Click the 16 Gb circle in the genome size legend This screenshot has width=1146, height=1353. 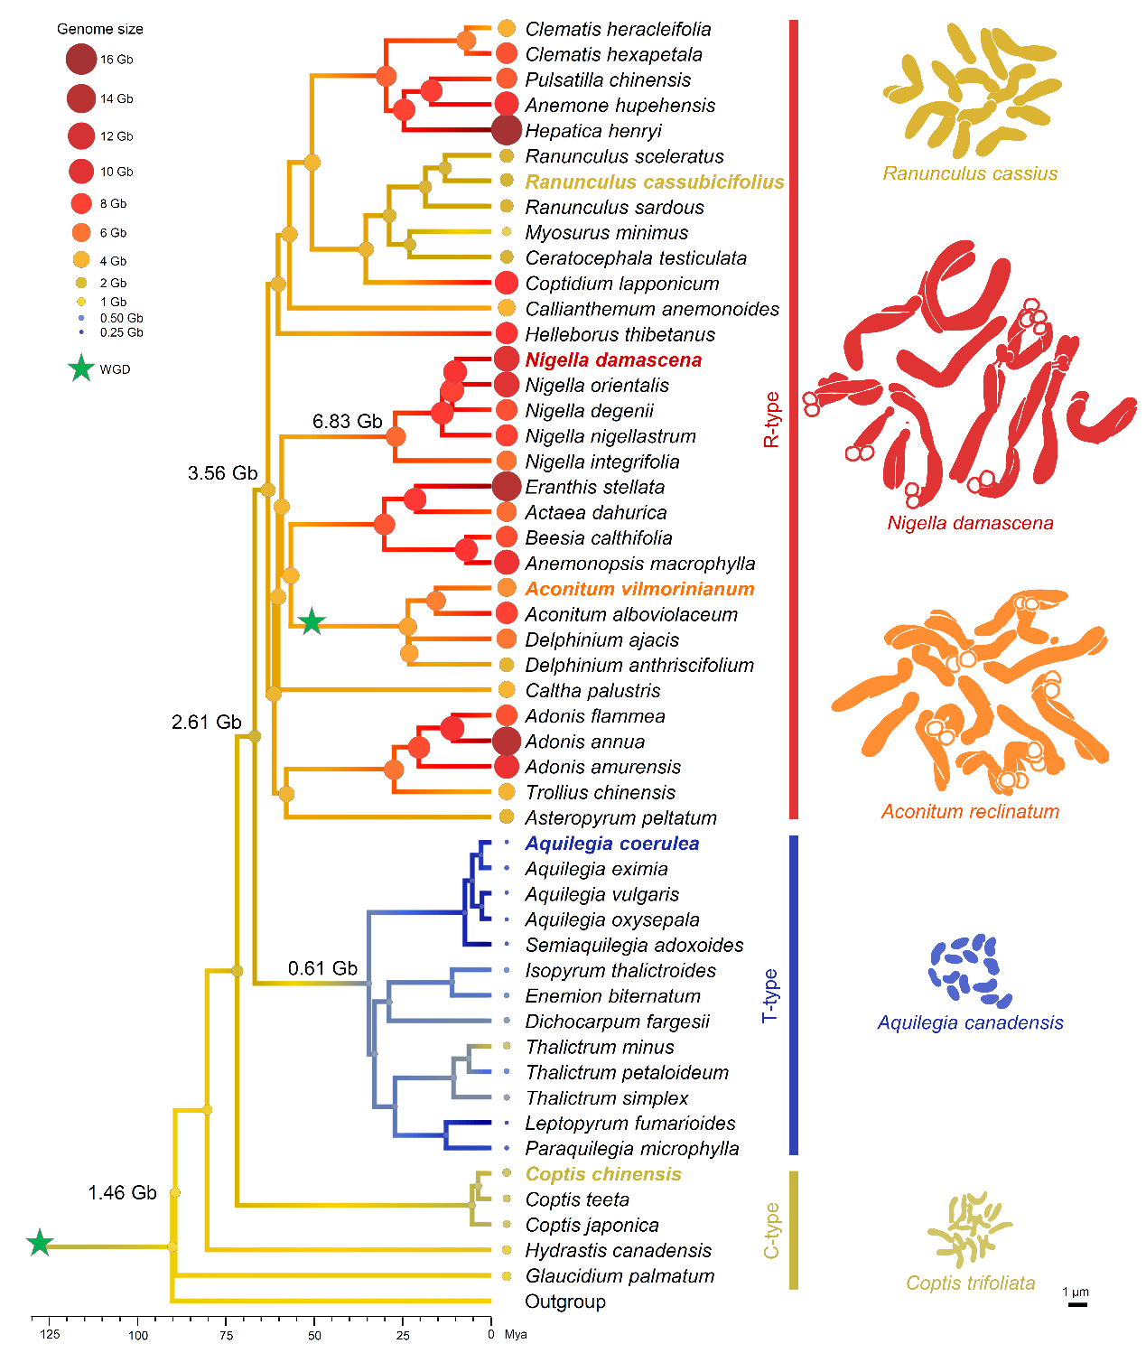point(81,59)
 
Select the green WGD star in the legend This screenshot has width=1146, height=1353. point(81,369)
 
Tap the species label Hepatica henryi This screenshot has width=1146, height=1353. point(593,131)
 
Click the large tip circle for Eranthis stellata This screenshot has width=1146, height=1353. point(506,486)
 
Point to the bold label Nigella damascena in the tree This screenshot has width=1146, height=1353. point(613,360)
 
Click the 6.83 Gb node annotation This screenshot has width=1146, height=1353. point(347,421)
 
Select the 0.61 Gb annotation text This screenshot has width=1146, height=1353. point(322,968)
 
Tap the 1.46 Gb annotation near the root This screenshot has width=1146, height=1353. point(123,1192)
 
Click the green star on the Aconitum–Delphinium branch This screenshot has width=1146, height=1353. point(312,621)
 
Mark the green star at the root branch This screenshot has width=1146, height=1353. point(40,1243)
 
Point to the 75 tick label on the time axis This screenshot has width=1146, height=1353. point(226,1335)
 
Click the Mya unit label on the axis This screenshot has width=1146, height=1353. point(516,1335)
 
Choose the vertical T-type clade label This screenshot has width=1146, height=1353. point(771,995)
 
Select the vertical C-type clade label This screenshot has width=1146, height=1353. point(771,1231)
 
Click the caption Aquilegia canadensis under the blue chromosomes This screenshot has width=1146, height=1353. point(970,1022)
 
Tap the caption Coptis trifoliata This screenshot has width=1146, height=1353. point(970,1283)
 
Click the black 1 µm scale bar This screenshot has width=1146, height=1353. point(1076,1304)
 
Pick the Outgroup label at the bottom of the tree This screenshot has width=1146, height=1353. point(564,1302)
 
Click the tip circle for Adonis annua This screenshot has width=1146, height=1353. point(506,741)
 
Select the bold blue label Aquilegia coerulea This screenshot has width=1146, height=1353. point(612,844)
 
